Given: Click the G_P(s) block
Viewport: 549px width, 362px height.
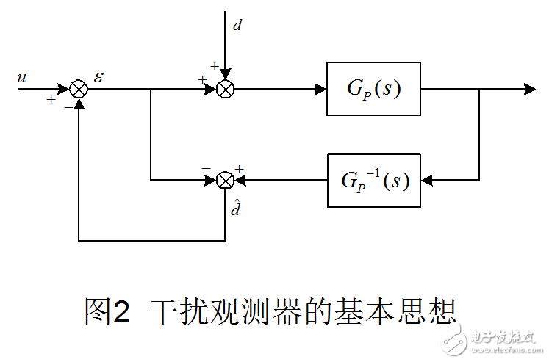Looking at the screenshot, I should (373, 90).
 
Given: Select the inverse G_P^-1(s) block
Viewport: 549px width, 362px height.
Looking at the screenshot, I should (373, 180).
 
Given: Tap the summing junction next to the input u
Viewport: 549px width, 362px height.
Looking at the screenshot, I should (79, 90).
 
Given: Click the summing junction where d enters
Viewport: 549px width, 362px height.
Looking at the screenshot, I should (226, 90).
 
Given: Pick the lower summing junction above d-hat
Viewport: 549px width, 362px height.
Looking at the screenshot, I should (226, 180).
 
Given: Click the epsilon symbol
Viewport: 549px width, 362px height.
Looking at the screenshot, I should (99, 76).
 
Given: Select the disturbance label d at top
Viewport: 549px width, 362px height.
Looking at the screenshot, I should (237, 26).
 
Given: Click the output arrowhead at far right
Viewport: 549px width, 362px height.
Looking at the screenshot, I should (529, 90).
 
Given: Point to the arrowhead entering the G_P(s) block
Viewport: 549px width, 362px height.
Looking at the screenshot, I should (321, 90).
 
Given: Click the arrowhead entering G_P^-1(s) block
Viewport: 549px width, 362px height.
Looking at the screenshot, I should (427, 180).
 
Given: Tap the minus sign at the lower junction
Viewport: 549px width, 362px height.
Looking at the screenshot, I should (206, 168).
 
